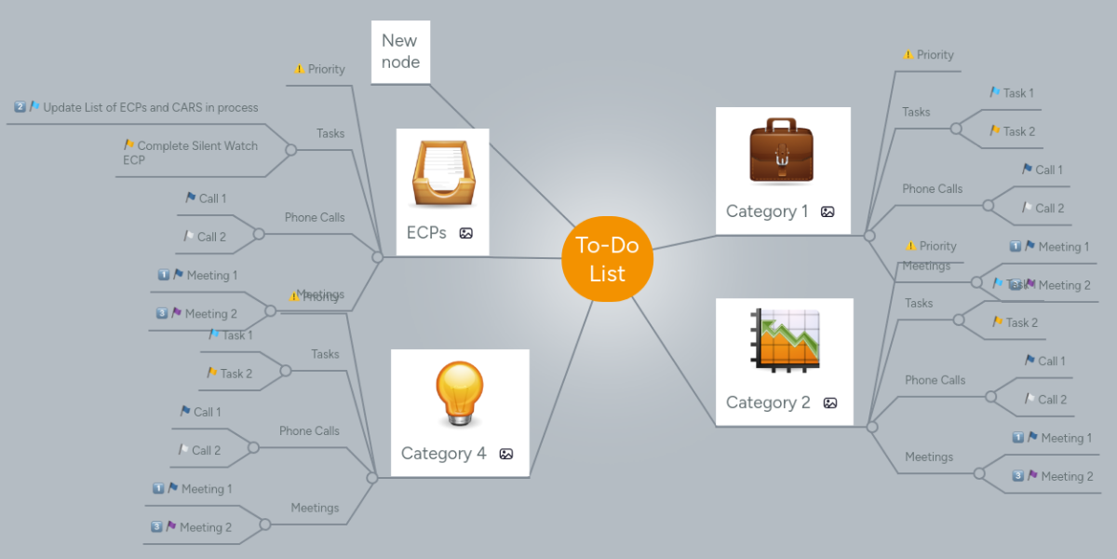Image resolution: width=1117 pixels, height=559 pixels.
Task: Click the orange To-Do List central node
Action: [x=607, y=260]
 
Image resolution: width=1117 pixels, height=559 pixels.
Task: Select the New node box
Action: [x=400, y=51]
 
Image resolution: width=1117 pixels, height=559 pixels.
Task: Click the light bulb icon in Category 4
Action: [x=460, y=393]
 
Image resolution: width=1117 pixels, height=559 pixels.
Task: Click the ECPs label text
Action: [x=426, y=233]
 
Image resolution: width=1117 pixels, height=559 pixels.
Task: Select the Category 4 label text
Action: [x=443, y=454]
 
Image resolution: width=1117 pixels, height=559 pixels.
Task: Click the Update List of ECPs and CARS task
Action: [x=150, y=107]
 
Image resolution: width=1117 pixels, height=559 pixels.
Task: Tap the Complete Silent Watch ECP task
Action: [x=191, y=153]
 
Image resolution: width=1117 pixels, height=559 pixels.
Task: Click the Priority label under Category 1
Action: [x=935, y=55]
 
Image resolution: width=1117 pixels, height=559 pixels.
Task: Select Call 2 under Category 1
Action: [x=1049, y=209]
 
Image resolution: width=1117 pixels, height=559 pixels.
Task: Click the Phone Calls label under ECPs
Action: [x=315, y=217]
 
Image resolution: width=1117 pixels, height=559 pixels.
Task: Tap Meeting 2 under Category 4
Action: [x=205, y=527]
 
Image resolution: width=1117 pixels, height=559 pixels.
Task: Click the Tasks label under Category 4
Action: [x=325, y=354]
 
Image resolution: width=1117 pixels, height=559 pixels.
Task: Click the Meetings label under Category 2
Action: [x=929, y=457]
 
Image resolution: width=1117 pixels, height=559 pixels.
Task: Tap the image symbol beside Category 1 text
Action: [x=828, y=212]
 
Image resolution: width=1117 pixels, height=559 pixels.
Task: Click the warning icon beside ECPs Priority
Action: [x=299, y=69]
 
